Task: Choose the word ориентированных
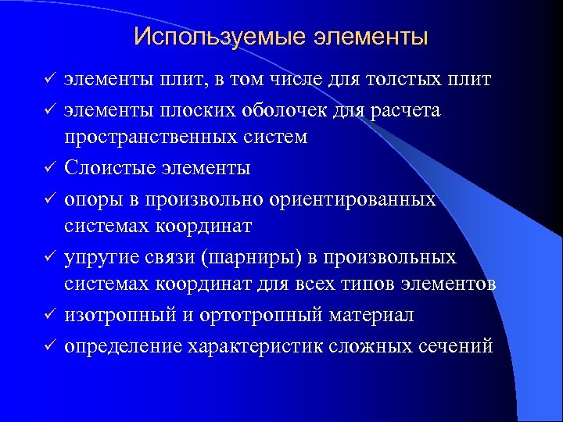pos(371,198)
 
